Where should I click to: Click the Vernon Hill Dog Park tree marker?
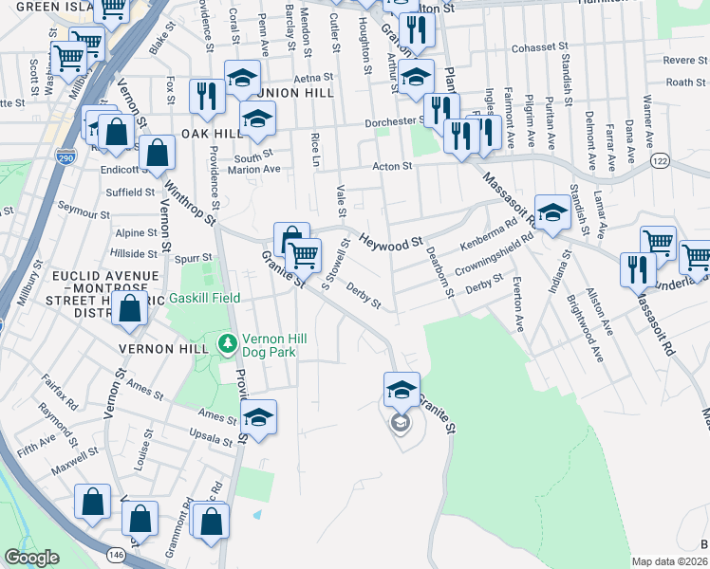(x=227, y=341)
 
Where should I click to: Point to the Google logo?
(x=32, y=558)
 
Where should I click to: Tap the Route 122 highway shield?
(x=657, y=163)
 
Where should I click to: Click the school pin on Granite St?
(x=402, y=390)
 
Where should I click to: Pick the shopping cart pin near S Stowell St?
(x=303, y=255)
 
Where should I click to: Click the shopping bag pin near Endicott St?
(x=157, y=152)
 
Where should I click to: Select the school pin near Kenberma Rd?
(x=551, y=214)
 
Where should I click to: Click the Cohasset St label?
(x=538, y=46)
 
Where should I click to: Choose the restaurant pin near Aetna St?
(x=205, y=96)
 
